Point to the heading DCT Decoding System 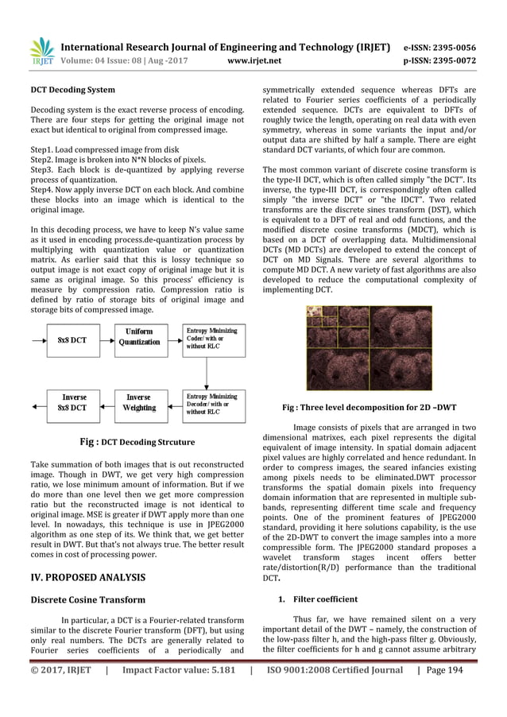pyautogui.click(x=72, y=90)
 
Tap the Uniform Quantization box pyautogui.click(x=140, y=336)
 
